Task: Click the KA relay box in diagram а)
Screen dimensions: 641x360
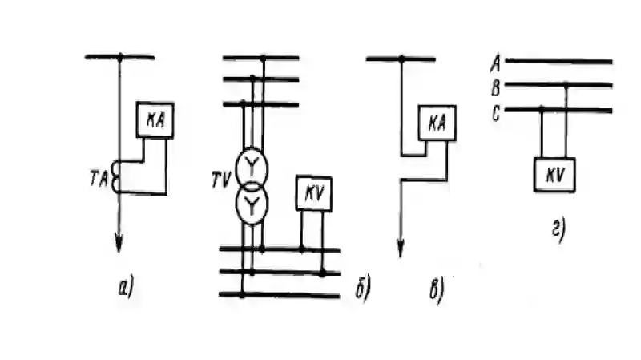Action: (x=155, y=120)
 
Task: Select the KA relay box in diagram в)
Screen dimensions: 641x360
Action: (x=437, y=123)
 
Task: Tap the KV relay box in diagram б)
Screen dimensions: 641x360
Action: (x=314, y=193)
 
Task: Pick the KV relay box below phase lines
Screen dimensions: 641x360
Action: (x=554, y=175)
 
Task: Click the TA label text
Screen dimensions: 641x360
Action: (x=99, y=180)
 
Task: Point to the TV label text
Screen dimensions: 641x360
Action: (x=221, y=180)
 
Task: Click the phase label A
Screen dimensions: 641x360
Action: (x=496, y=63)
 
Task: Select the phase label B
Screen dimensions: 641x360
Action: (x=496, y=88)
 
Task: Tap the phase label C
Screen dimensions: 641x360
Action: (x=496, y=113)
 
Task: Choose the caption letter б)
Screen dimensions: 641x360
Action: (x=363, y=289)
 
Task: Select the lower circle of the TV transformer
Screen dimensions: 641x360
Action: (x=236, y=204)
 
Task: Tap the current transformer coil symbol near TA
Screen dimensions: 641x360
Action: (x=113, y=176)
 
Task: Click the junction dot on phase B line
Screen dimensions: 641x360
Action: (x=566, y=86)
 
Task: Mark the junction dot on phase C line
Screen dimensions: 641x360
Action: (x=542, y=110)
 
